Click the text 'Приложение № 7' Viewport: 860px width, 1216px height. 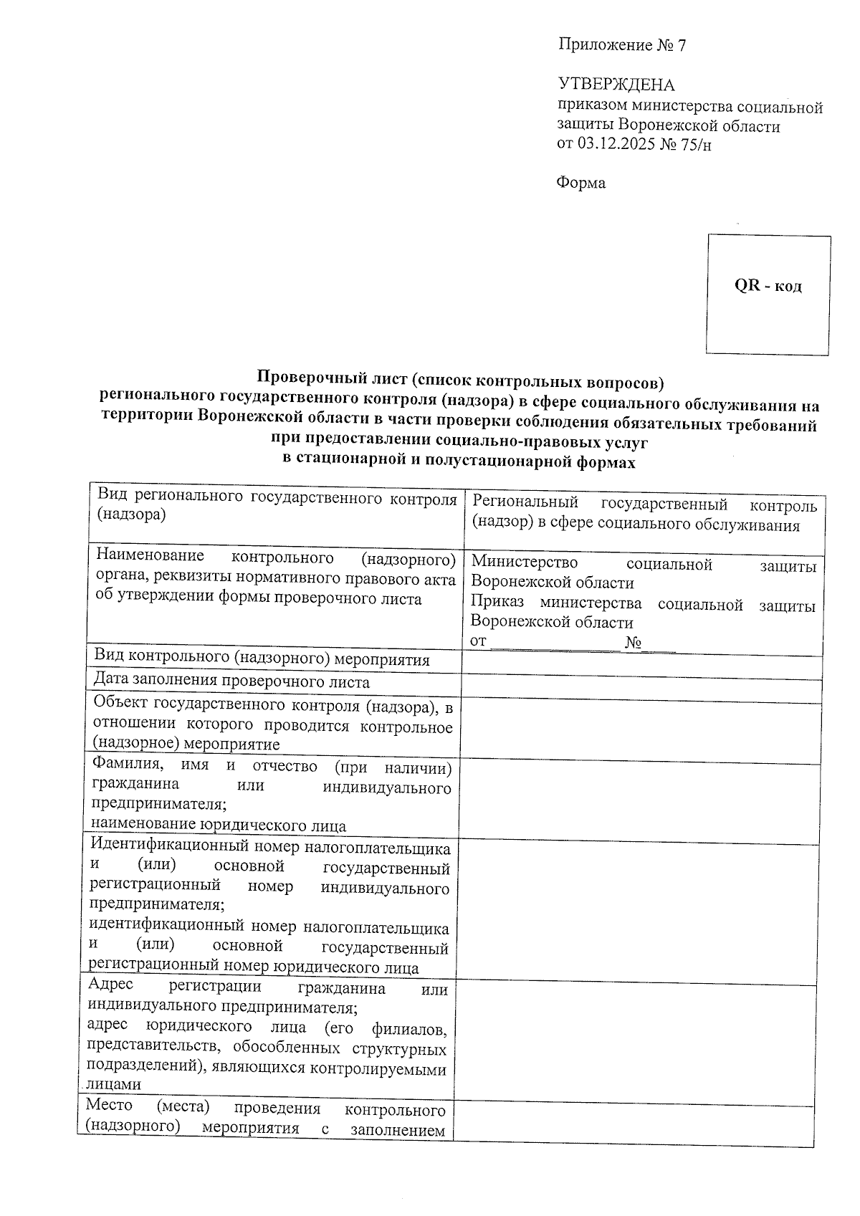coord(622,46)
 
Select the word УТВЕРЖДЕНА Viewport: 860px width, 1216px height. coord(616,85)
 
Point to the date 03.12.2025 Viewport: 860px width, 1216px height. coord(615,145)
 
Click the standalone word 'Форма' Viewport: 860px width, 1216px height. coord(581,183)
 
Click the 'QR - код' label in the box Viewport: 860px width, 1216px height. coord(768,286)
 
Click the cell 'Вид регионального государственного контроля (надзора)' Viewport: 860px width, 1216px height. coord(276,506)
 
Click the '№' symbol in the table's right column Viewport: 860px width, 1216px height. coord(633,642)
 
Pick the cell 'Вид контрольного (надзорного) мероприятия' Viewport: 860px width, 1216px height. coord(262,660)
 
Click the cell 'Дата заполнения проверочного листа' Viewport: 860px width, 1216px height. coord(231,682)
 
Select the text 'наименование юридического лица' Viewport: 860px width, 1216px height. coord(219,825)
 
